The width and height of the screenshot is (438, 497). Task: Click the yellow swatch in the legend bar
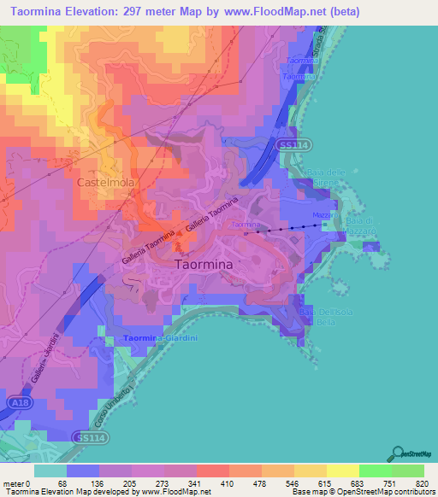(x=343, y=471)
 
